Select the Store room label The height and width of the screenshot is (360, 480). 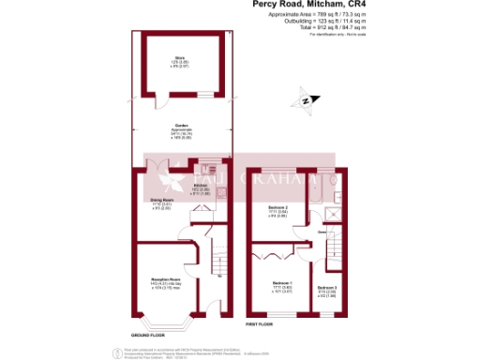pyautogui.click(x=179, y=61)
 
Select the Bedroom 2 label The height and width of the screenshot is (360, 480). pyautogui.click(x=277, y=209)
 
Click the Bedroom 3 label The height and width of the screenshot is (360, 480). pyautogui.click(x=326, y=290)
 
